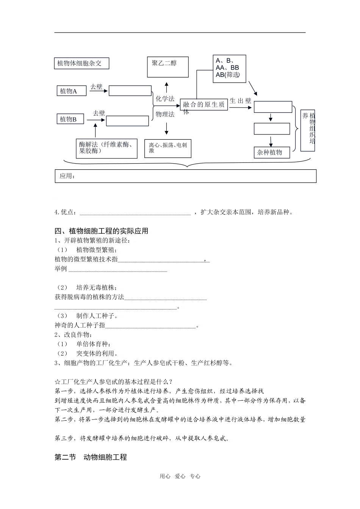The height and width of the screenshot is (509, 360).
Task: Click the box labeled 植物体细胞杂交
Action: pyautogui.click(x=82, y=63)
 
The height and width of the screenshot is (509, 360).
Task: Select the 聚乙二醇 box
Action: pyautogui.click(x=167, y=67)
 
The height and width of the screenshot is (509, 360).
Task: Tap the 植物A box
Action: pyautogui.click(x=71, y=91)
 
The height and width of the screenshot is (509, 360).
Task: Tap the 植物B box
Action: pyautogui.click(x=71, y=119)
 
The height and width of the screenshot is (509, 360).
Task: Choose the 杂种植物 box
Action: pyautogui.click(x=272, y=153)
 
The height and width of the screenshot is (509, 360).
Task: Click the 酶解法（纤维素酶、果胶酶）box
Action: pyautogui.click(x=106, y=148)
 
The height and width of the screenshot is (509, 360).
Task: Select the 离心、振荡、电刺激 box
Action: pyautogui.click(x=167, y=148)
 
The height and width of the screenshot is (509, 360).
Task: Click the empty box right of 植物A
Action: pyautogui.click(x=130, y=91)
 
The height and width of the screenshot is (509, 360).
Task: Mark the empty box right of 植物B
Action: pyautogui.click(x=127, y=120)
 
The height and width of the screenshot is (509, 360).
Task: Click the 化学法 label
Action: pyautogui.click(x=165, y=99)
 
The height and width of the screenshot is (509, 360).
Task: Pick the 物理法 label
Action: pyautogui.click(x=165, y=114)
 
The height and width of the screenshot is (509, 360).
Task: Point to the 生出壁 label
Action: pyautogui.click(x=240, y=101)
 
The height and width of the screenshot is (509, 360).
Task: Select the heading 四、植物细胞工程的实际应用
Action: pyautogui.click(x=101, y=231)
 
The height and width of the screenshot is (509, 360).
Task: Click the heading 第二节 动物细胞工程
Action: pyautogui.click(x=91, y=457)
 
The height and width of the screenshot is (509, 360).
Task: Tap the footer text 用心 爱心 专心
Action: pyautogui.click(x=180, y=476)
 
